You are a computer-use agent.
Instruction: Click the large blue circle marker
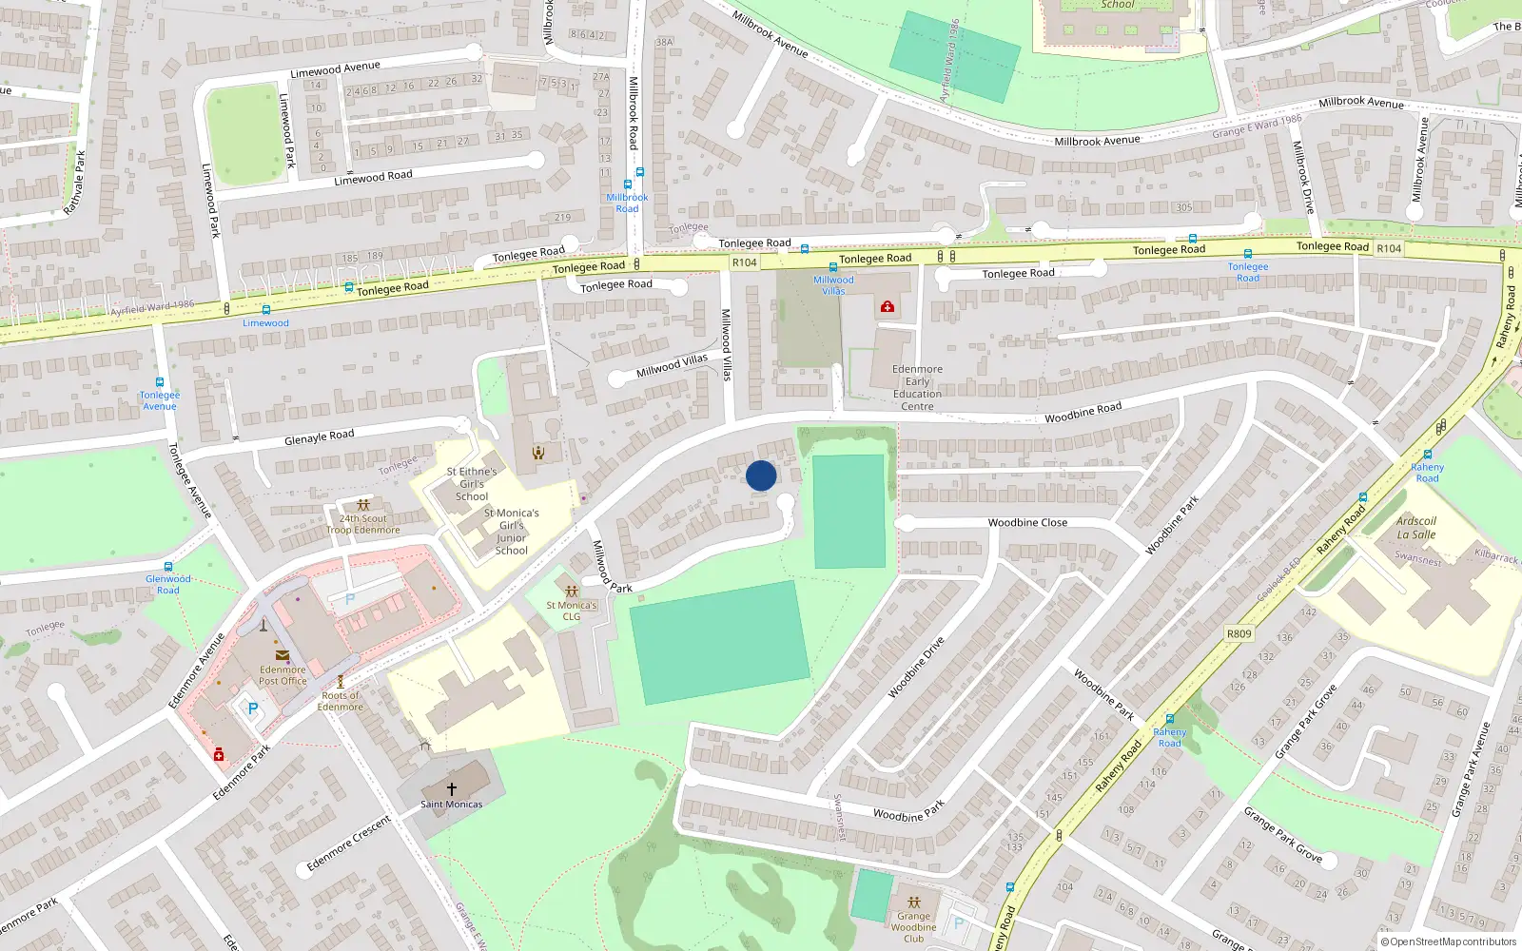pyautogui.click(x=761, y=475)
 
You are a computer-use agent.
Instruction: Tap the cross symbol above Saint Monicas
pyautogui.click(x=452, y=788)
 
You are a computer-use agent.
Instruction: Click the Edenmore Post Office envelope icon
pyautogui.click(x=283, y=654)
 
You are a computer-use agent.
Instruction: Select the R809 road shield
pyautogui.click(x=1239, y=633)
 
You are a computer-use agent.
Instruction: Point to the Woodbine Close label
pyautogui.click(x=1027, y=523)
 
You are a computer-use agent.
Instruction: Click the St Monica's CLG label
pyautogui.click(x=571, y=611)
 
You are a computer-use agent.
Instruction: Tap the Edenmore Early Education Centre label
pyautogui.click(x=917, y=388)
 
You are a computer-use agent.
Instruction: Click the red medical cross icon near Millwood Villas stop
pyautogui.click(x=888, y=306)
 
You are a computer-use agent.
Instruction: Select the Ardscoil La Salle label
pyautogui.click(x=1415, y=528)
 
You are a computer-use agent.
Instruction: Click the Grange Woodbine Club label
pyautogui.click(x=913, y=927)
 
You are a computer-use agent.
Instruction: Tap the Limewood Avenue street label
pyautogui.click(x=335, y=69)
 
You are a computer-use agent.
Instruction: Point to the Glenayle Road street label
pyautogui.click(x=319, y=437)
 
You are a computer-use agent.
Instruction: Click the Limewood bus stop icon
pyautogui.click(x=265, y=310)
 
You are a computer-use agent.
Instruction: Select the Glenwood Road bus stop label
pyautogui.click(x=168, y=584)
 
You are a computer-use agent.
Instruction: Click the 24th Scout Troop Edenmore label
pyautogui.click(x=363, y=525)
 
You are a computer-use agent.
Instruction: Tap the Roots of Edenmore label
pyautogui.click(x=340, y=701)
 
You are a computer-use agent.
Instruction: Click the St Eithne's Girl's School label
pyautogui.click(x=472, y=484)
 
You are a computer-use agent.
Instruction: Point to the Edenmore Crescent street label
pyautogui.click(x=348, y=844)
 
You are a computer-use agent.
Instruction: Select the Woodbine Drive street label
pyautogui.click(x=916, y=668)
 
